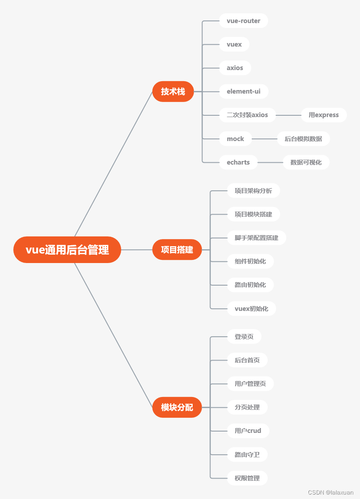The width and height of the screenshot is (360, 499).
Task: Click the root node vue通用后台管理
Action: pyautogui.click(x=67, y=250)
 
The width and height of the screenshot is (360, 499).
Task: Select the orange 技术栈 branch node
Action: pyautogui.click(x=173, y=91)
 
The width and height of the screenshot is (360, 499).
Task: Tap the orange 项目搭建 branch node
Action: pyautogui.click(x=177, y=250)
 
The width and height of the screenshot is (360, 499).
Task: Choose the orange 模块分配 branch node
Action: pyautogui.click(x=177, y=407)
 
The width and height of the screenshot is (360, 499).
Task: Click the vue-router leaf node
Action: pyautogui.click(x=243, y=21)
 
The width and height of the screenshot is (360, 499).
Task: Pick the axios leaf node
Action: pyautogui.click(x=235, y=68)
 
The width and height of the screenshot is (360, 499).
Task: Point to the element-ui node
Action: pyautogui.click(x=244, y=91)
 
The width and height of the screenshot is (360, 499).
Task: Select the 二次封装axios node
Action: pyautogui.click(x=247, y=115)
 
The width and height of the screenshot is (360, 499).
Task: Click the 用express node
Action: pyautogui.click(x=324, y=115)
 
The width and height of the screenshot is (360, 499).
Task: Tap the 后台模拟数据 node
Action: pyautogui.click(x=303, y=139)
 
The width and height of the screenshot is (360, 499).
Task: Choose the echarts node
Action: pyautogui.click(x=238, y=162)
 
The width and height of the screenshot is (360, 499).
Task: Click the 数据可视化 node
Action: pyautogui.click(x=306, y=162)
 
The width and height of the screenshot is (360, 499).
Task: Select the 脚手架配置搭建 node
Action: pyautogui.click(x=256, y=238)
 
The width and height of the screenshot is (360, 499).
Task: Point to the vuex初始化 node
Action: pyautogui.click(x=251, y=309)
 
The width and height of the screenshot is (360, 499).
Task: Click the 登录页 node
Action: pyautogui.click(x=244, y=337)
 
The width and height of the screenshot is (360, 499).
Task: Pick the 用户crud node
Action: pyautogui.click(x=248, y=431)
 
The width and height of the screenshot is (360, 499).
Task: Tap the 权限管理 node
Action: pyautogui.click(x=247, y=478)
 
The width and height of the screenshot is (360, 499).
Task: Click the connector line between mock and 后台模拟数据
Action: pyautogui.click(x=265, y=139)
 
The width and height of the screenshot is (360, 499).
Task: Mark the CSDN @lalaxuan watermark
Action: pyautogui.click(x=331, y=492)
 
